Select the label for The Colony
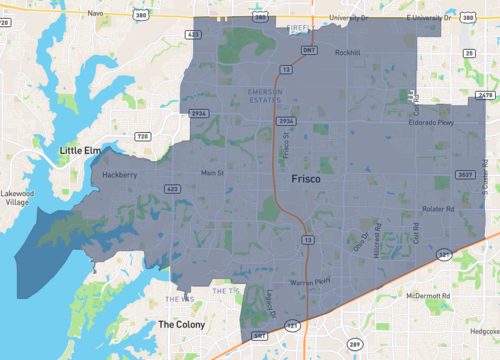pos(181,325)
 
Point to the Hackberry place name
pos(120,174)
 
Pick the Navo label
pos(96,13)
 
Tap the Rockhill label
pos(347,53)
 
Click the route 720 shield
pos(143,135)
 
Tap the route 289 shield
pos(353,344)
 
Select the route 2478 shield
pos(486,95)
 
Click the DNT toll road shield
pos(309,49)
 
